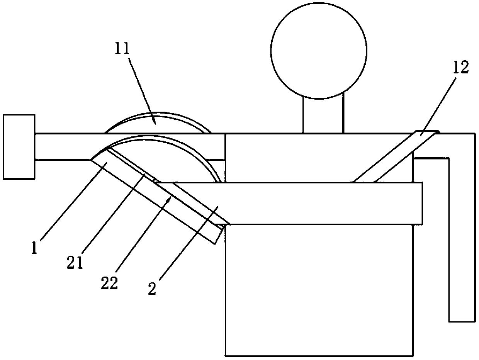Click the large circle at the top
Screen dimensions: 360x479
[x=319, y=50]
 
